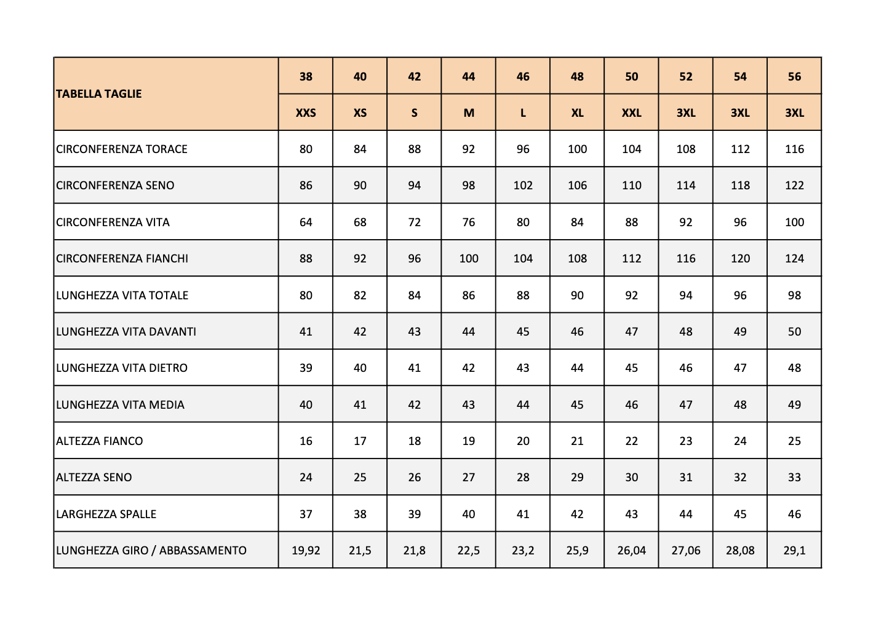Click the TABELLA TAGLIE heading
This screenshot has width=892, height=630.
click(99, 94)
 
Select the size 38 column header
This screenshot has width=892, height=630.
click(306, 77)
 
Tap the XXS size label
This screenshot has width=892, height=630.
click(306, 113)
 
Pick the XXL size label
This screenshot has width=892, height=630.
click(631, 113)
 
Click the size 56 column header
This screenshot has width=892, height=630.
click(794, 77)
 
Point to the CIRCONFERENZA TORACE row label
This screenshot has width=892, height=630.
click(122, 149)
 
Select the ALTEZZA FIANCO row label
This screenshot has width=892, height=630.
click(100, 441)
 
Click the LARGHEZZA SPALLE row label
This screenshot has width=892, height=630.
click(106, 514)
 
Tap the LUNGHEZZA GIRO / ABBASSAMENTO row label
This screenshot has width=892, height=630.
click(151, 551)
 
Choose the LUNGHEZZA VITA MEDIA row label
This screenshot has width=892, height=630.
click(121, 405)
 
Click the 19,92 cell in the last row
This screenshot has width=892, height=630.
click(306, 551)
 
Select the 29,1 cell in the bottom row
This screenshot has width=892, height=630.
click(794, 551)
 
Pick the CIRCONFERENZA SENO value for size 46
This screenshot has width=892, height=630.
click(523, 186)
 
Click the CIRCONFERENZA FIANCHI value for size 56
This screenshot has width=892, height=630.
click(794, 259)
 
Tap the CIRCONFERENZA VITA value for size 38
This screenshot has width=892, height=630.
click(306, 222)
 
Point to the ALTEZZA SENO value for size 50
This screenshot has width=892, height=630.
click(631, 478)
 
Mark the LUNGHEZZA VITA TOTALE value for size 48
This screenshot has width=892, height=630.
click(577, 296)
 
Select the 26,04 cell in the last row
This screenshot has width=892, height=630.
click(631, 551)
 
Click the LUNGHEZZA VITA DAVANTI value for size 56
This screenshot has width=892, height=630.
click(794, 332)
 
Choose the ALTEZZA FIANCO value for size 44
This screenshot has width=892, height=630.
click(469, 441)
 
